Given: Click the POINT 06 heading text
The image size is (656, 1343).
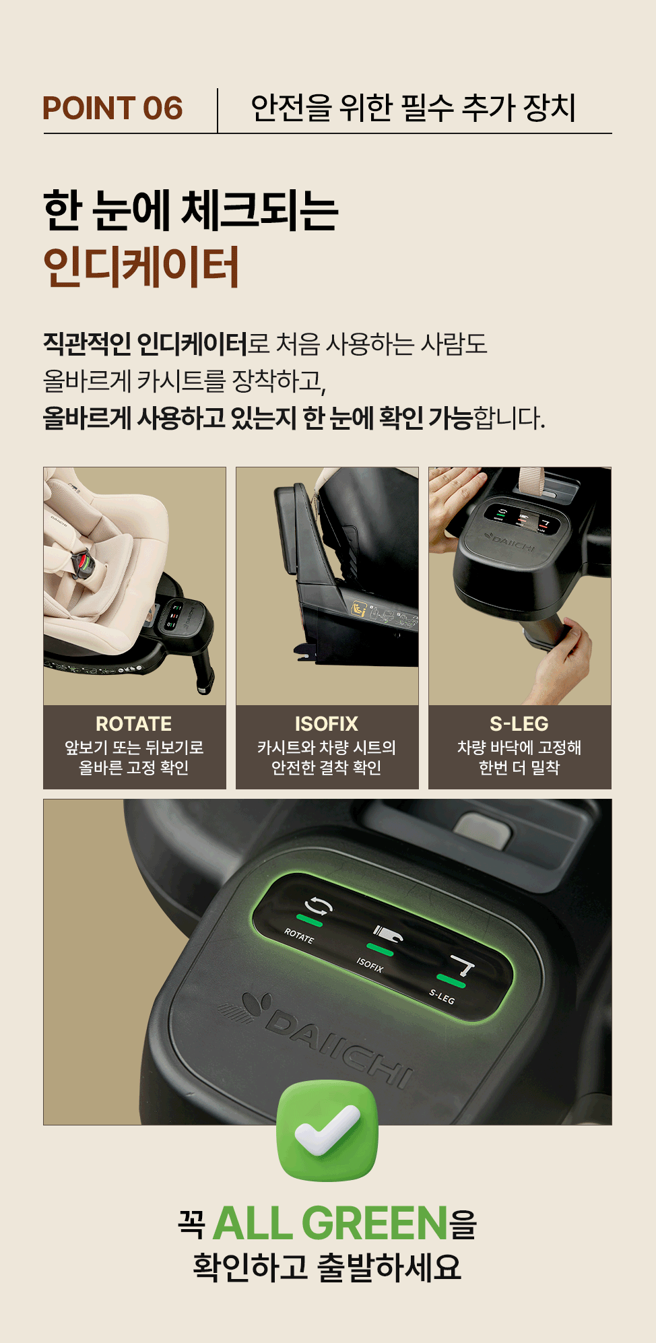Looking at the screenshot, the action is [x=112, y=108].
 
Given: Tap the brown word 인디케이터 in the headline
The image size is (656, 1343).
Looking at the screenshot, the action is [x=141, y=267].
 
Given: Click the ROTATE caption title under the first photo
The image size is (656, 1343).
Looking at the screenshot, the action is [x=134, y=724].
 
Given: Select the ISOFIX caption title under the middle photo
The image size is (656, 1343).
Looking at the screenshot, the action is [x=327, y=724].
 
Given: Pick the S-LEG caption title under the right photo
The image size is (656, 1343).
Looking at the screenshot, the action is [x=519, y=724].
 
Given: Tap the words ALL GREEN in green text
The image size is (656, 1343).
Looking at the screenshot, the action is [x=331, y=1223].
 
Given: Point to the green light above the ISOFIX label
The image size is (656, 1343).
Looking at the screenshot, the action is [x=380, y=950].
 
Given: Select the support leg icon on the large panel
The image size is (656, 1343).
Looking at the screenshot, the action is [x=463, y=966].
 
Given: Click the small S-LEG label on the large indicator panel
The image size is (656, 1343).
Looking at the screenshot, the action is [x=442, y=996].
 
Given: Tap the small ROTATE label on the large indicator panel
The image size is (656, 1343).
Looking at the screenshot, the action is [x=298, y=936].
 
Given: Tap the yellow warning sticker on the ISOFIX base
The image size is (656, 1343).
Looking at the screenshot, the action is [x=359, y=610].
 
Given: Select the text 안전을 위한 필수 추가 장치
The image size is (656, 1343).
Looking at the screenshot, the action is [x=414, y=108].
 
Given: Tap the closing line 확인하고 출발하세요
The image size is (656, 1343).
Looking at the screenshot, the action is [x=327, y=1267].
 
